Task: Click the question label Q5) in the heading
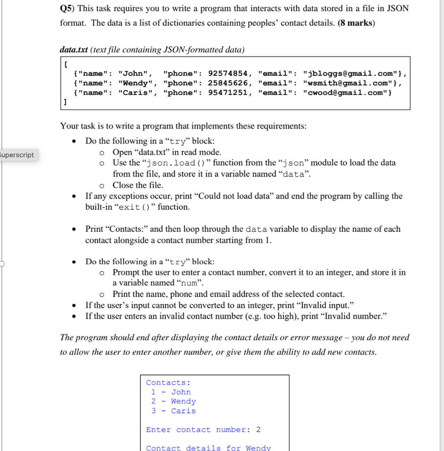(67, 8)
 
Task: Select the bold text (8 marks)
(356, 23)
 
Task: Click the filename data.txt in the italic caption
(74, 50)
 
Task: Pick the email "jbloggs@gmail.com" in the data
(351, 74)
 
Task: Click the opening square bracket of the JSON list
(66, 64)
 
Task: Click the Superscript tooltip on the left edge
(17, 155)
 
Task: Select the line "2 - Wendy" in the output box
(173, 401)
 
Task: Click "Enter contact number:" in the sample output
(198, 429)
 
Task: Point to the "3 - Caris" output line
(173, 410)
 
